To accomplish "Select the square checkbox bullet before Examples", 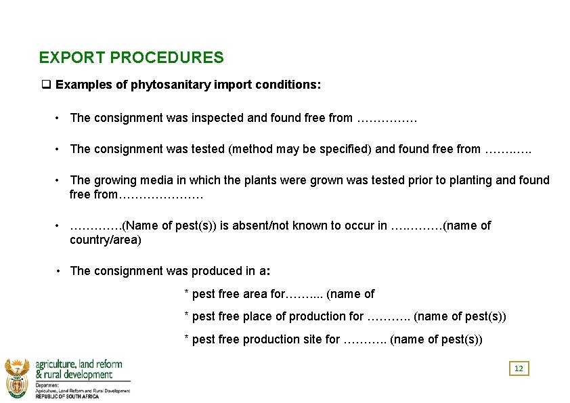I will click(x=46, y=85).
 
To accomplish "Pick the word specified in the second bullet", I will click(x=346, y=149).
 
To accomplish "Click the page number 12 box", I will click(x=519, y=368).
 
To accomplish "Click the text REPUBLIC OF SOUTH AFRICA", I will click(x=67, y=396).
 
